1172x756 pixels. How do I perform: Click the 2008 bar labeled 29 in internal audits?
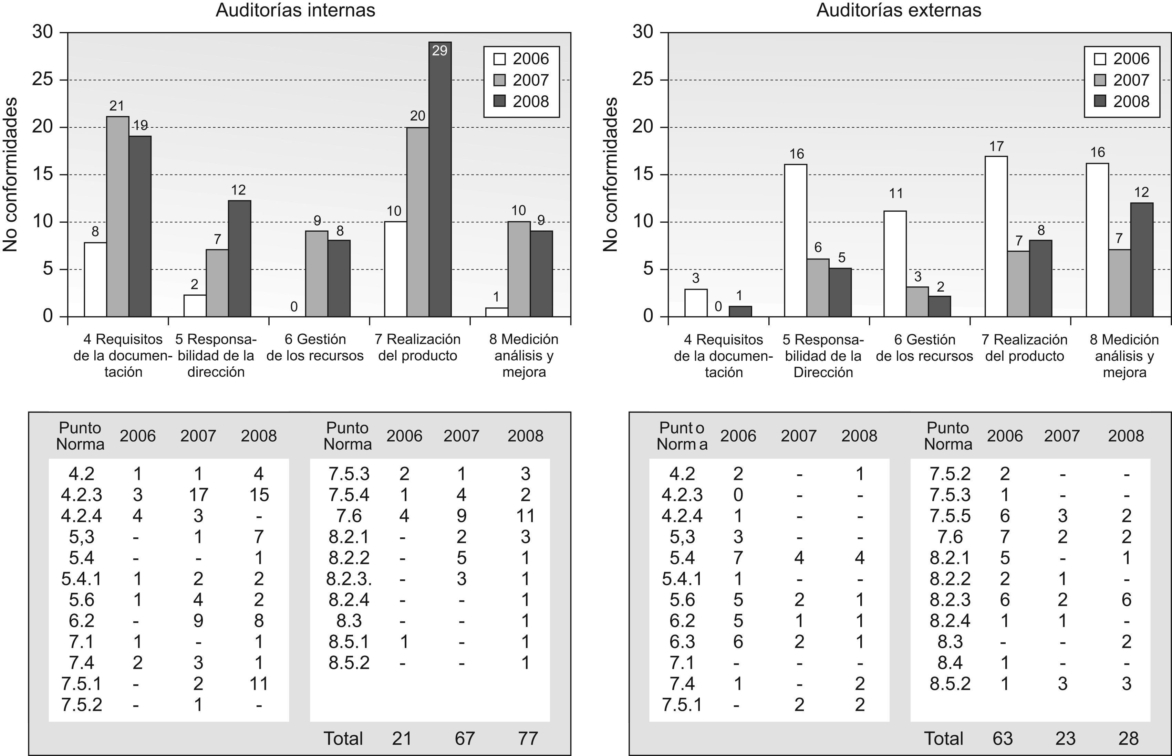pyautogui.click(x=440, y=179)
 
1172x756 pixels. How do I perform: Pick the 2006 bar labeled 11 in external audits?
pyautogui.click(x=895, y=264)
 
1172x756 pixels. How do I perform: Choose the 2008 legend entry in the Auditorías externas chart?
pyautogui.click(x=1122, y=102)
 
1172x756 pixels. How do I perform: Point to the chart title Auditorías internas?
pyautogui.click(x=295, y=10)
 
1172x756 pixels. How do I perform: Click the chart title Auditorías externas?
pyautogui.click(x=899, y=10)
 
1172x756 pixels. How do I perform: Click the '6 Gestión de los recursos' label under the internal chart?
pyautogui.click(x=315, y=348)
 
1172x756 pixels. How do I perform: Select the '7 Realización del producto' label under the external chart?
pyautogui.click(x=1025, y=348)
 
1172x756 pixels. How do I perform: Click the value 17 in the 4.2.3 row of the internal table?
pyautogui.click(x=198, y=495)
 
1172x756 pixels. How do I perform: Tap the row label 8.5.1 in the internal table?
pyautogui.click(x=349, y=642)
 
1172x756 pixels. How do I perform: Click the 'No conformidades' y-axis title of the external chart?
pyautogui.click(x=610, y=174)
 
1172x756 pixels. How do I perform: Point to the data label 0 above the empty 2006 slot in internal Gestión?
pyautogui.click(x=294, y=307)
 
